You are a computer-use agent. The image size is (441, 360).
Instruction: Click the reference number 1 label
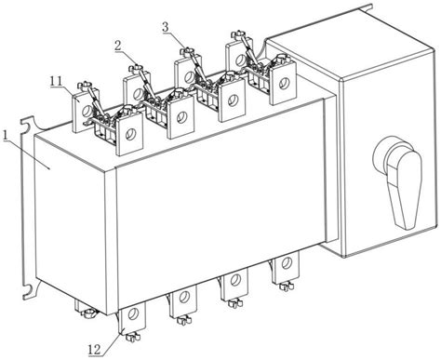(x=5, y=136)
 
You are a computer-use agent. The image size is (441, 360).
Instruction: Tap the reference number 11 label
(x=57, y=81)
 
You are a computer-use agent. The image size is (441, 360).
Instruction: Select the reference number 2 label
(x=118, y=46)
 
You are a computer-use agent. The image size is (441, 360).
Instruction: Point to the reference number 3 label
(x=166, y=27)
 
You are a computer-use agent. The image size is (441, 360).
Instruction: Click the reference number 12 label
(x=95, y=350)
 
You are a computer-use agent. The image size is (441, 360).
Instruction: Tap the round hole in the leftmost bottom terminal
(x=134, y=313)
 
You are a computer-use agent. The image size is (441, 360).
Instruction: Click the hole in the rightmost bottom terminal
(x=287, y=262)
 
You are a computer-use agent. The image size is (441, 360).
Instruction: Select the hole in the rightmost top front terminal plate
(x=284, y=83)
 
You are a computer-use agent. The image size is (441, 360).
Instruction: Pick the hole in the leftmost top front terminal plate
(x=130, y=134)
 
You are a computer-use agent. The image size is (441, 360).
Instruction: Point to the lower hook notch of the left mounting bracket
(x=29, y=289)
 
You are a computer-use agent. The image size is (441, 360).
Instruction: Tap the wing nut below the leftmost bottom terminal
(x=132, y=337)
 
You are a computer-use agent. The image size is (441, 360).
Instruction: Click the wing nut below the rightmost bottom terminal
(x=286, y=287)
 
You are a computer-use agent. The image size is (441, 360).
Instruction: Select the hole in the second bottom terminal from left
(x=184, y=297)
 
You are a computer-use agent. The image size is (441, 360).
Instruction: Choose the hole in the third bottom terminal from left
(x=235, y=280)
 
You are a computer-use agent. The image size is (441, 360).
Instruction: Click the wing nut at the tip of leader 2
(x=136, y=68)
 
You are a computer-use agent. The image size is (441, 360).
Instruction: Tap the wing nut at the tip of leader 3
(x=187, y=51)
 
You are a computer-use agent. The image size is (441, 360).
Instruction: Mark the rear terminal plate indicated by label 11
(x=82, y=110)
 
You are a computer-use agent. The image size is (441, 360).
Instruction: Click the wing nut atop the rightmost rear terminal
(x=238, y=33)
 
